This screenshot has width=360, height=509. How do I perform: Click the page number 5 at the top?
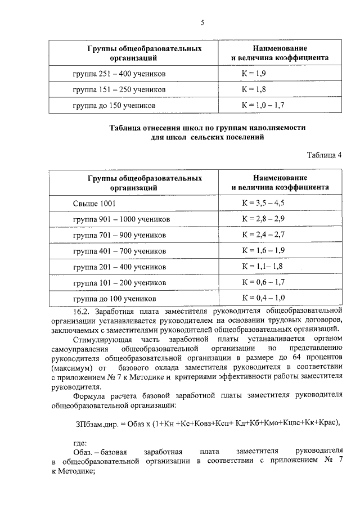point(201,23)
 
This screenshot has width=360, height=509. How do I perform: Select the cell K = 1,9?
point(254,74)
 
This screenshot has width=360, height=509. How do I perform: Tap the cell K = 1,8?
point(254,89)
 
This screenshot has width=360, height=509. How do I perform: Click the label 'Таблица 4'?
point(325,155)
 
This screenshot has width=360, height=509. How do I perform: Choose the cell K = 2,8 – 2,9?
point(263,218)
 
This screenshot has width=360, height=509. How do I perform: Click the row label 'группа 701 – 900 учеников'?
point(119,235)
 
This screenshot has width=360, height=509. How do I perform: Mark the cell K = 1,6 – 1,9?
point(263,250)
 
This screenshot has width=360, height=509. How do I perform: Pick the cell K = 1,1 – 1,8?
point(262,265)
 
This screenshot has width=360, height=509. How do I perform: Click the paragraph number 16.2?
point(83,310)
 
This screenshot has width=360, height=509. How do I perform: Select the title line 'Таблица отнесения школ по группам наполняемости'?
point(207,128)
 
